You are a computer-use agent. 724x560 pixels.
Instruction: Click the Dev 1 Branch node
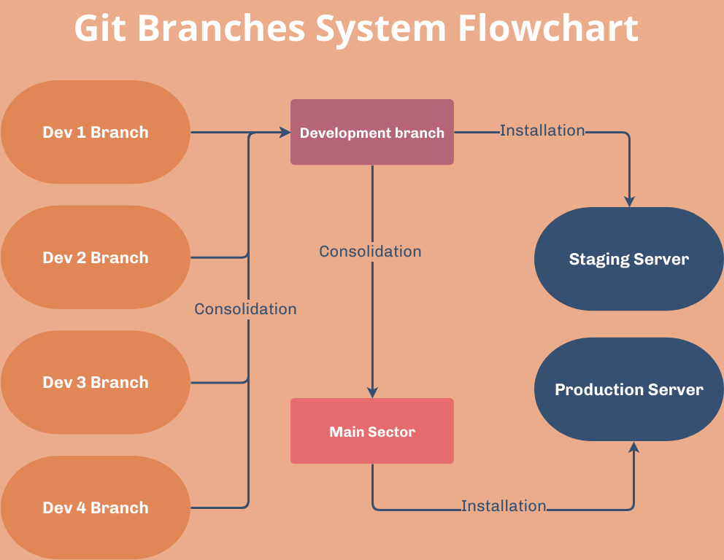tap(96, 132)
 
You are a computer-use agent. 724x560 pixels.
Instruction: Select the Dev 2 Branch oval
tap(96, 257)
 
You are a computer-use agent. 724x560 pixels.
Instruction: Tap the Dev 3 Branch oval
tap(96, 382)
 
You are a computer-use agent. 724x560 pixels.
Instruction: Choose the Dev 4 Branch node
tap(96, 507)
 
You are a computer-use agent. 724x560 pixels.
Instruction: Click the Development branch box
tap(372, 132)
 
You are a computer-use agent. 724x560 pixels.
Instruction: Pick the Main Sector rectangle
tap(372, 431)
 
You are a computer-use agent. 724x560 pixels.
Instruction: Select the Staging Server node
tap(628, 259)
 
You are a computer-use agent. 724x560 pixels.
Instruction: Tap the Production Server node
tap(628, 389)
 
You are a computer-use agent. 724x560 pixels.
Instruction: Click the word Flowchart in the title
tap(548, 29)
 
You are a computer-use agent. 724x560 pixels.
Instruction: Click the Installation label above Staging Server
tap(542, 131)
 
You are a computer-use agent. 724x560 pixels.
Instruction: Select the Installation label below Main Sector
tap(504, 505)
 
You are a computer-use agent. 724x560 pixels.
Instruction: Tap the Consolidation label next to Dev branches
tap(245, 309)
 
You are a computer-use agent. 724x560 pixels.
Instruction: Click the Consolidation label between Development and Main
tap(370, 252)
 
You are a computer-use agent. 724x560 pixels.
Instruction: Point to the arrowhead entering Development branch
tap(285, 132)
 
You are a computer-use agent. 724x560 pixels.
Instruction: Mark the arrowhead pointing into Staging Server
tap(629, 201)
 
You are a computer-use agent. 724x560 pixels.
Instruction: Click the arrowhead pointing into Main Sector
tap(372, 392)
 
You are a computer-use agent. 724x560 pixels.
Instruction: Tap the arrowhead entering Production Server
tap(633, 447)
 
